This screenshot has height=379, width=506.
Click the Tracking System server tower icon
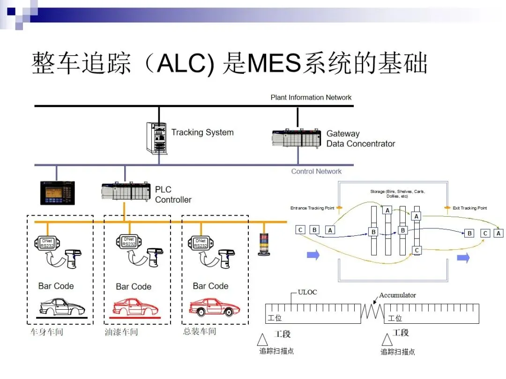(x=156, y=138)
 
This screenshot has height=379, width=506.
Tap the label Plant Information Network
(x=311, y=97)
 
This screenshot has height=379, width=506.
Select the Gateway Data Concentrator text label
(x=360, y=139)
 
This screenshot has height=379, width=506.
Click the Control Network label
(x=316, y=171)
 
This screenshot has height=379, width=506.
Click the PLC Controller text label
(x=173, y=195)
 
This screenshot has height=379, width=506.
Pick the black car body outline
(x=62, y=307)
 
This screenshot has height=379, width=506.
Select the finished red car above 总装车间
(x=214, y=307)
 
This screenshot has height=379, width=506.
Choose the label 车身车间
(x=47, y=332)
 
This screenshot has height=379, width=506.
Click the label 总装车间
(x=200, y=332)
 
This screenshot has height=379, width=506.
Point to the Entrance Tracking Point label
(x=312, y=208)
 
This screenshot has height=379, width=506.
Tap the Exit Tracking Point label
(x=469, y=208)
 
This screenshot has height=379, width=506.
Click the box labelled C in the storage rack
(x=417, y=250)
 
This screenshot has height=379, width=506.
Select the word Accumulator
(x=397, y=295)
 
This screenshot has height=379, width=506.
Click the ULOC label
(x=307, y=292)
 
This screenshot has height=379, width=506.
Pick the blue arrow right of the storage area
(x=463, y=258)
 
